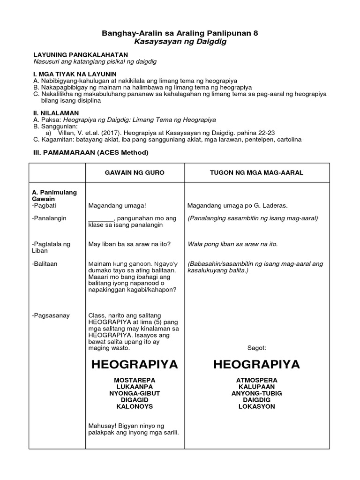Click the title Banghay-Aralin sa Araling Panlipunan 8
tap(180, 34)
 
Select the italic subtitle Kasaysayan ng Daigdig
tap(180, 42)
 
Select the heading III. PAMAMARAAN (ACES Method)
tap(90, 152)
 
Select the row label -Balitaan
tap(45, 264)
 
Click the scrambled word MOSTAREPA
tap(134, 379)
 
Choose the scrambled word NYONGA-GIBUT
tap(134, 393)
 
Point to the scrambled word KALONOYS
tap(134, 406)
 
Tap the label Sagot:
tap(256, 348)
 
